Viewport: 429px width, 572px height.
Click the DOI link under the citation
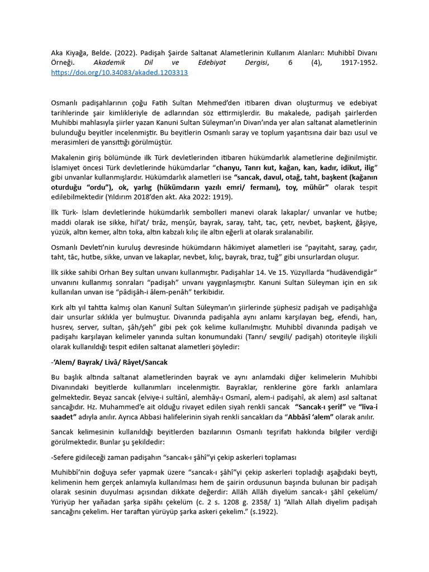click(119, 73)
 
